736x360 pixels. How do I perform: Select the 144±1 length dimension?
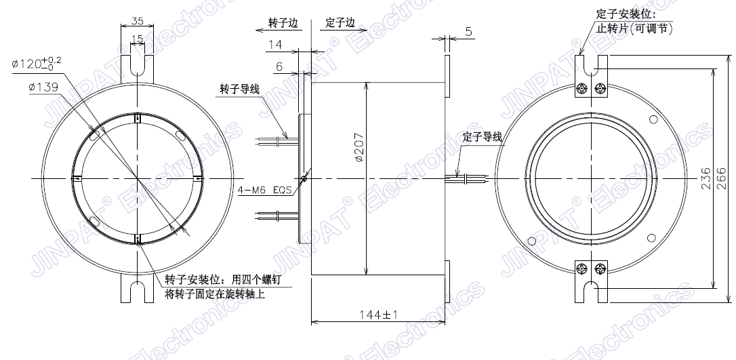[x=379, y=315]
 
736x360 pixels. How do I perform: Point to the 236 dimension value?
[x=706, y=178]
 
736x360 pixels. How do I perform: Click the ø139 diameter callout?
[x=43, y=87]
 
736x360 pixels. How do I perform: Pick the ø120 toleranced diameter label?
[x=37, y=62]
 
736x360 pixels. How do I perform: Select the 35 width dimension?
[x=137, y=21]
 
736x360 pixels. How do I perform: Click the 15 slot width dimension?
[x=137, y=38]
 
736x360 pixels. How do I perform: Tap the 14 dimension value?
[x=275, y=45]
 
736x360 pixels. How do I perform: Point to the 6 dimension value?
[x=279, y=67]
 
